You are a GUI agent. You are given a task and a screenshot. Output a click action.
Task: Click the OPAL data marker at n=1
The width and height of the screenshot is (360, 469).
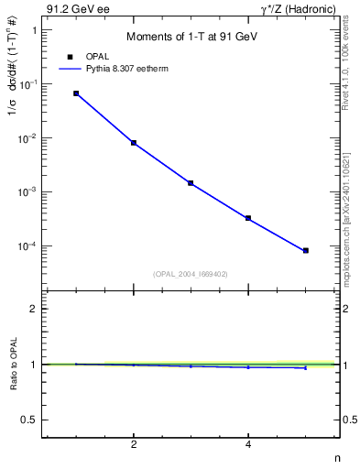click(x=76, y=93)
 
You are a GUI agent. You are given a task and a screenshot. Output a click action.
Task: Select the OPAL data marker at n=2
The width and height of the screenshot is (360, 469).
click(x=134, y=143)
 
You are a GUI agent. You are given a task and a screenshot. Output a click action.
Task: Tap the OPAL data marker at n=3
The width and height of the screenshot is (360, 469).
click(x=191, y=183)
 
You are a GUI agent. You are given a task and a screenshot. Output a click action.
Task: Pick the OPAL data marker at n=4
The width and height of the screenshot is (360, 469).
click(x=248, y=218)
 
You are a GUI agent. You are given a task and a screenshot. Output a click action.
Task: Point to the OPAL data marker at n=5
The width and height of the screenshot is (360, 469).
click(x=306, y=250)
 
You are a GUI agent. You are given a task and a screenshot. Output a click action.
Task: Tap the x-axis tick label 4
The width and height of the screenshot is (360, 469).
click(x=248, y=445)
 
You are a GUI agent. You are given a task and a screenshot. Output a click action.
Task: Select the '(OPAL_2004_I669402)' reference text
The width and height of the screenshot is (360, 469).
click(x=191, y=273)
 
